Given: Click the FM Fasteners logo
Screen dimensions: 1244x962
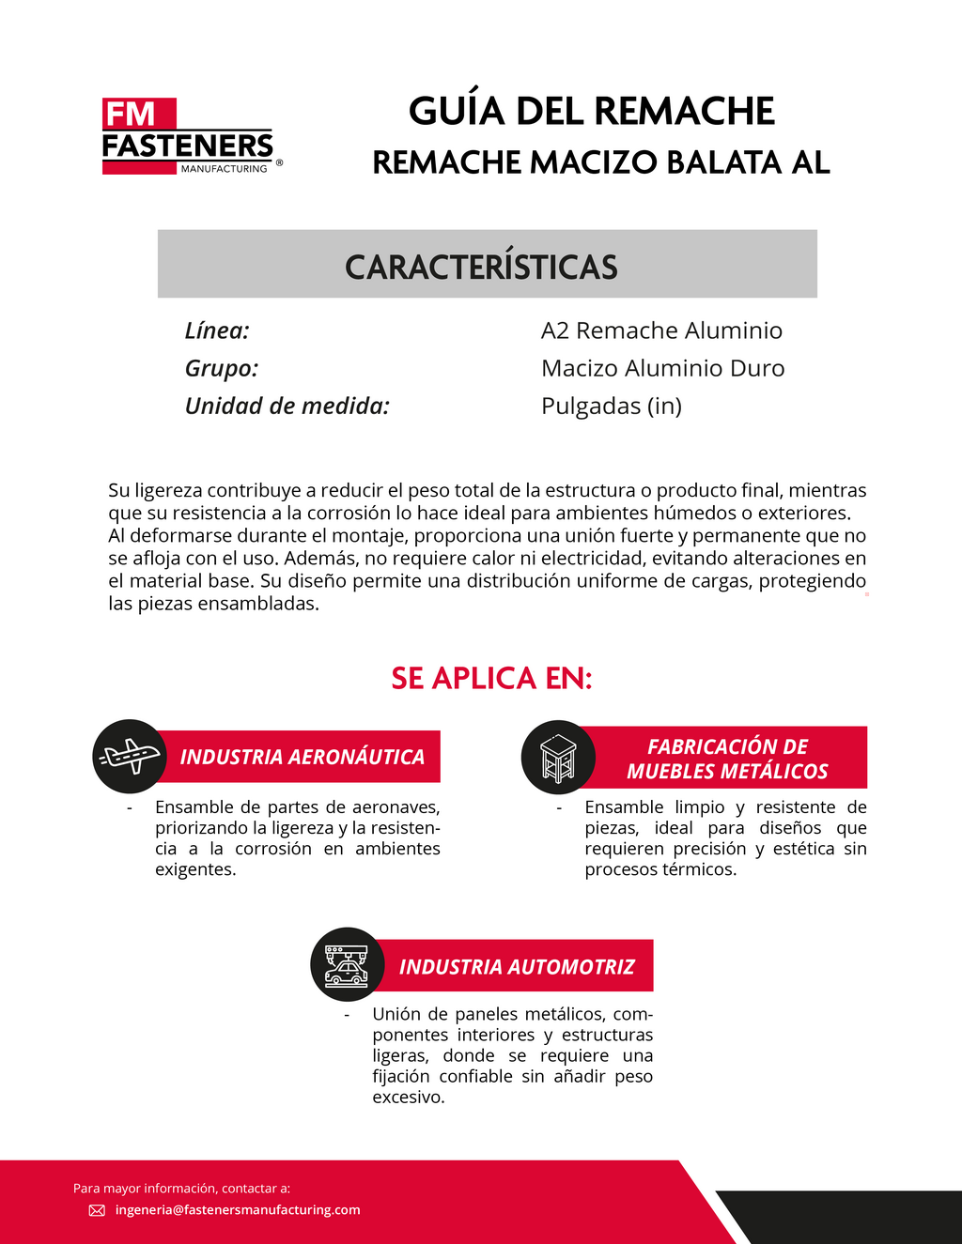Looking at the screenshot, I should coord(188,137).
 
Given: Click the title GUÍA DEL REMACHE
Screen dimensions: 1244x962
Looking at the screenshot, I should coord(591,112).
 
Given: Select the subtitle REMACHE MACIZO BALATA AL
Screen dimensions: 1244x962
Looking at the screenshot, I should coord(600,162).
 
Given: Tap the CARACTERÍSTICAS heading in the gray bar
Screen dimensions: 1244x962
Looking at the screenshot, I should coord(481,267).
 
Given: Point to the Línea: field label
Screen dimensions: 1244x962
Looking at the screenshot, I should coord(217,330).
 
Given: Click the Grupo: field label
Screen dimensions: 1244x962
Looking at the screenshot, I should coord(222,368).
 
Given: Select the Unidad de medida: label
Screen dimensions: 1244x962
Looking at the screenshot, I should coord(287,406).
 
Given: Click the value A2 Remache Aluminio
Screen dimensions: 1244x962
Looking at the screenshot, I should coord(661,330).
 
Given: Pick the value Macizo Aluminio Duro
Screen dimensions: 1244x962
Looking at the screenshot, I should coord(662,368).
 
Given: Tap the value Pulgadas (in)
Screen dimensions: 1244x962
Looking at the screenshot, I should coord(612,406).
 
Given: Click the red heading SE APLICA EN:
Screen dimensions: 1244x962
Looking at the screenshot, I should coord(491,678).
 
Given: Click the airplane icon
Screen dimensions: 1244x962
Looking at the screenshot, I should coord(130,756).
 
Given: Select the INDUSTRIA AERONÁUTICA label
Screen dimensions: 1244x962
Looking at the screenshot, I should coord(302,757).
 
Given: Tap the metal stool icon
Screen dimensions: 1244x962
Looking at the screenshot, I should coord(558,758).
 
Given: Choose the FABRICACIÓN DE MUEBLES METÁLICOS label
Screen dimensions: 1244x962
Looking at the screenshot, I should coord(727,759).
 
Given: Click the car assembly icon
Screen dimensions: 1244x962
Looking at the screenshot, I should coord(347,964).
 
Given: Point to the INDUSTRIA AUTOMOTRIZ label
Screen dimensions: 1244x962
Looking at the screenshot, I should coord(517,967).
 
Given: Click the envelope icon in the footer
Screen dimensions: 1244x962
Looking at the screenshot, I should coord(97,1210).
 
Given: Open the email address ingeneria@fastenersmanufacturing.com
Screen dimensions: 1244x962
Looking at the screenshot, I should coord(238,1210).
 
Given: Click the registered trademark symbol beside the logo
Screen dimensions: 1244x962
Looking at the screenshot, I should coord(279,162).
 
